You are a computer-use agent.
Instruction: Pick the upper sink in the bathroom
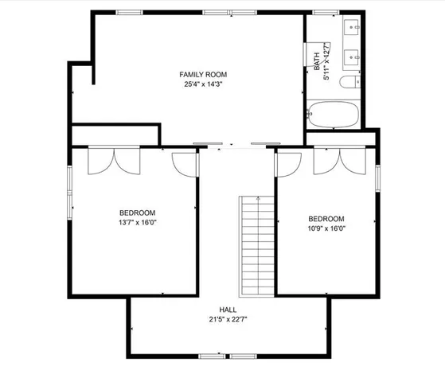click(x=353, y=29)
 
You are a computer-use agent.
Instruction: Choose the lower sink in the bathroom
click(x=353, y=57)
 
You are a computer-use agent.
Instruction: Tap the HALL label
click(x=228, y=310)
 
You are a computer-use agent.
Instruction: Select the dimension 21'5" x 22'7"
click(x=228, y=320)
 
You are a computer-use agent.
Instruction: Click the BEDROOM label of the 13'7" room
click(x=137, y=212)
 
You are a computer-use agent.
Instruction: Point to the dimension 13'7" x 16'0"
click(x=137, y=223)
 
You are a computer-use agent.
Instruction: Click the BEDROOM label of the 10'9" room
click(x=326, y=219)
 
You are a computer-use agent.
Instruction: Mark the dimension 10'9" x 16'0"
click(x=326, y=229)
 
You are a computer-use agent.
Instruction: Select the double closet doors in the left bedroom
click(x=115, y=162)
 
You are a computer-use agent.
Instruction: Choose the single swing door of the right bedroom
click(x=286, y=163)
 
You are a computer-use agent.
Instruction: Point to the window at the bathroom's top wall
click(x=322, y=13)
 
